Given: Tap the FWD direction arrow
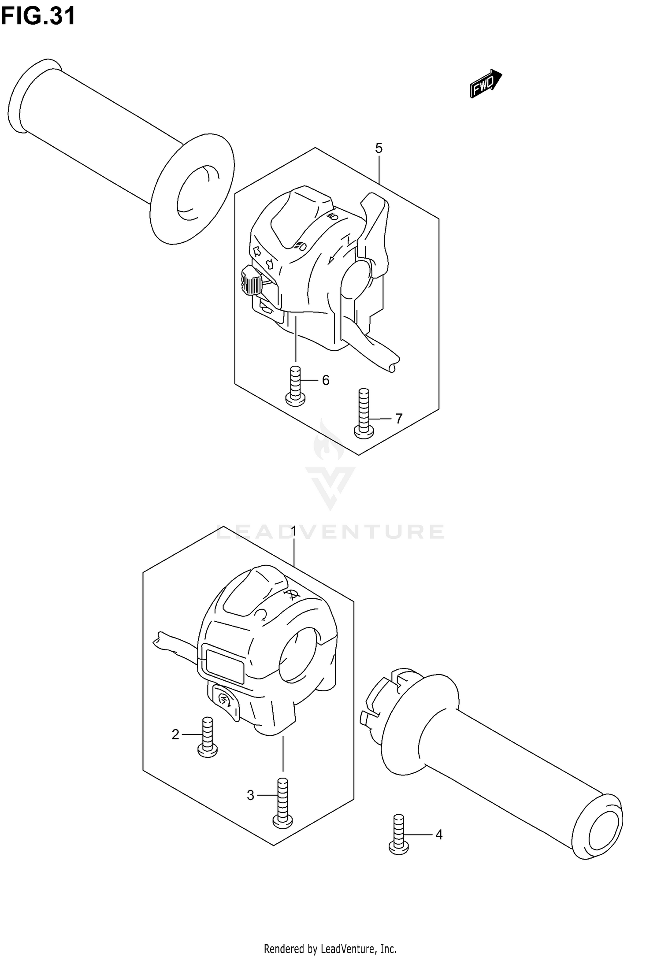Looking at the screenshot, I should click(x=485, y=84).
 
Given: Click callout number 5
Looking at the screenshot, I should click(x=379, y=148).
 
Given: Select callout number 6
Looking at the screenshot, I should click(x=326, y=380).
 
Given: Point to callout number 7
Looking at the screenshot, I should click(x=398, y=419).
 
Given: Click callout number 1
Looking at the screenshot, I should click(x=294, y=532).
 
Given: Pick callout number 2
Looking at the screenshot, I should click(x=175, y=734).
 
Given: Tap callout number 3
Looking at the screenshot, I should click(x=250, y=795).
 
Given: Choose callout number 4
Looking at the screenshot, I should click(x=438, y=835).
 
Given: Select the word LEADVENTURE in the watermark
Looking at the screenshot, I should click(x=330, y=532).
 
